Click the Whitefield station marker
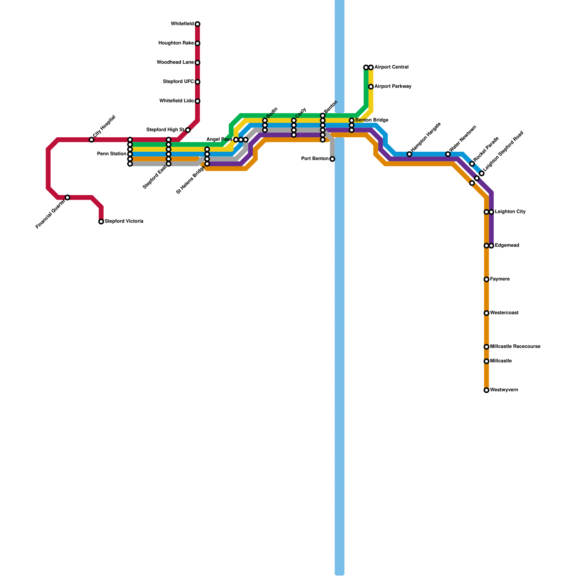(198, 24)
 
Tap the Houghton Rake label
(176, 43)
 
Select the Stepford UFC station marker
(198, 82)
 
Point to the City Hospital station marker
(92, 140)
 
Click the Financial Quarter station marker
(68, 198)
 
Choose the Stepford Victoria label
(124, 221)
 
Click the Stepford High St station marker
(188, 130)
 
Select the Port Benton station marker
(332, 159)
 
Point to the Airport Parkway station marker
(371, 87)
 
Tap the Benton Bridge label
(372, 120)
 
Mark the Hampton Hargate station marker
(409, 154)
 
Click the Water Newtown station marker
(448, 154)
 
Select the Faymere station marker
(487, 279)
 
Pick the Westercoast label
(504, 313)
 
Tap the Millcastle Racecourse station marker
(487, 347)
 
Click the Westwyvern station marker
(487, 390)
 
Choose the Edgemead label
(507, 246)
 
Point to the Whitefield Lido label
(176, 101)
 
